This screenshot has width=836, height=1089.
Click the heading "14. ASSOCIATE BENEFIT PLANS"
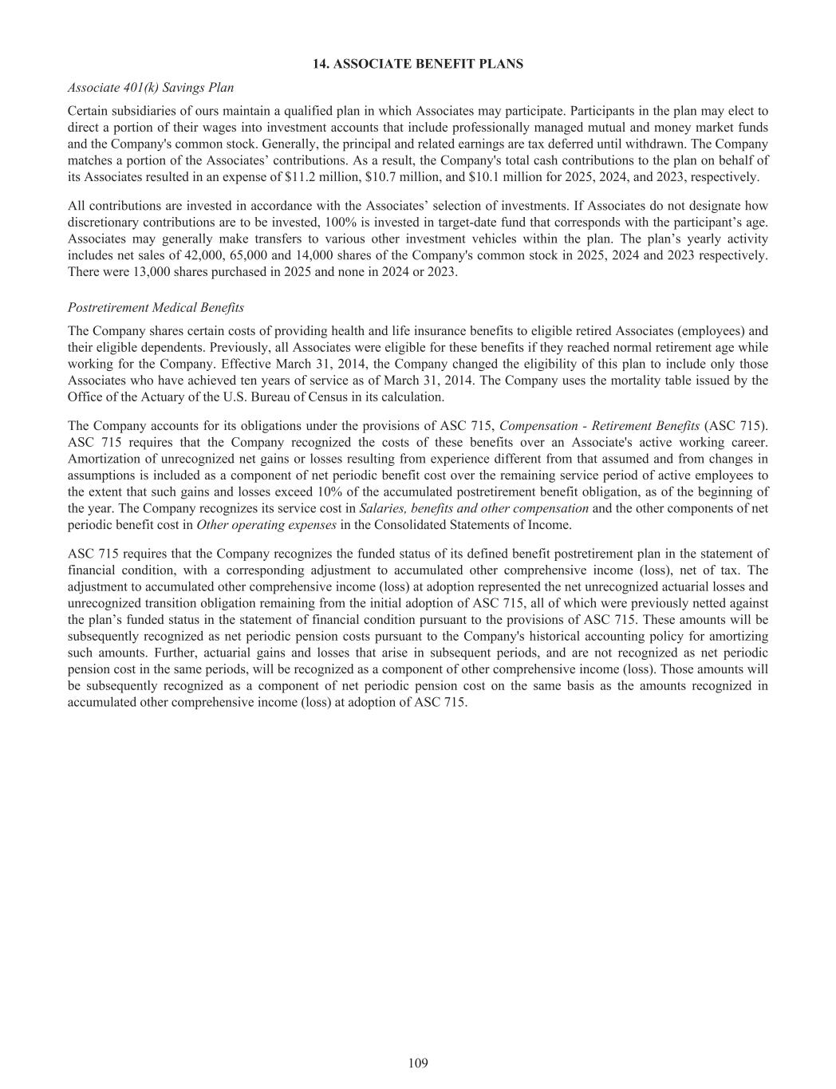click(x=418, y=64)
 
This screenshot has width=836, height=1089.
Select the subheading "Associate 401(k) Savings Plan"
click(x=151, y=87)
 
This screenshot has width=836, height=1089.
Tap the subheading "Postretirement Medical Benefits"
click(x=156, y=307)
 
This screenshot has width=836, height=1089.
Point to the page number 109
click(x=418, y=1063)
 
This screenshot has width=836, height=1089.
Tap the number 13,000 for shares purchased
click(x=130, y=271)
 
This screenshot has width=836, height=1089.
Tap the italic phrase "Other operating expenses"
click(x=266, y=524)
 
